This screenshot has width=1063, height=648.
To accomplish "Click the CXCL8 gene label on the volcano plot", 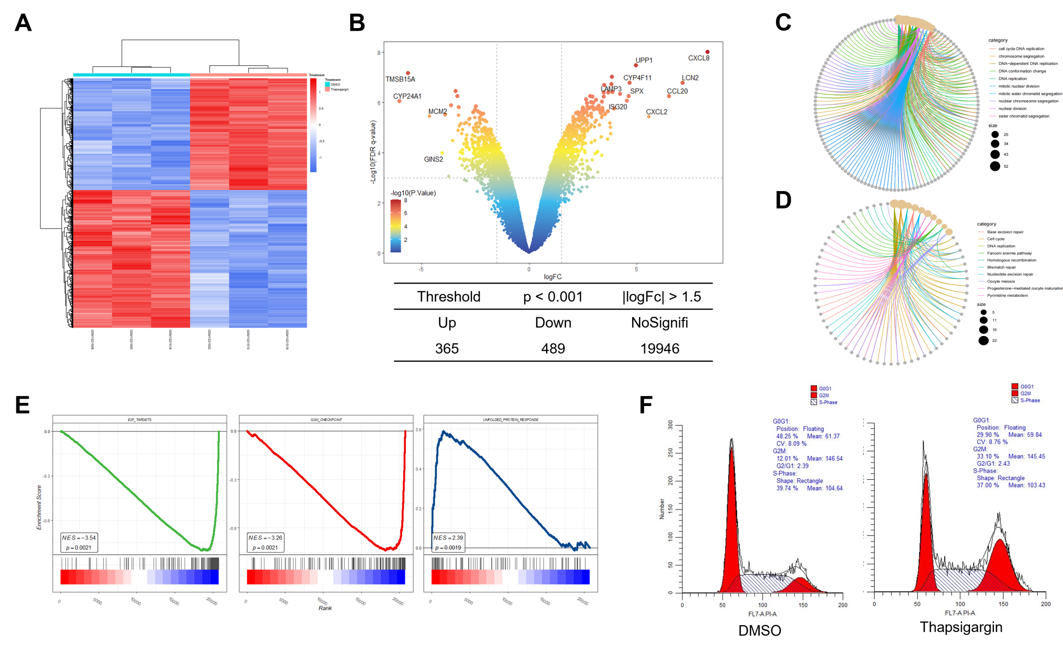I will [699, 58].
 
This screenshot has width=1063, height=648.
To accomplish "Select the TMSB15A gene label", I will [400, 79].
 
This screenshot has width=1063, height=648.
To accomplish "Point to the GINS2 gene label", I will [433, 159].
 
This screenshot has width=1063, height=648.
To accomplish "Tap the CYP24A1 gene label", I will [407, 97].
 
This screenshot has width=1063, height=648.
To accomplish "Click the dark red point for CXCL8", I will [707, 52].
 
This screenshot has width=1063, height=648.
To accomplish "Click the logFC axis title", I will [552, 277].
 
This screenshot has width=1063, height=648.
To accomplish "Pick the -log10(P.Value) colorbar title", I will [413, 193].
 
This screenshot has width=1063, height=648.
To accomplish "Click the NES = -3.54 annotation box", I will [79, 543].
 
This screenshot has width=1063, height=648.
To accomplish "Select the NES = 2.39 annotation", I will [448, 543].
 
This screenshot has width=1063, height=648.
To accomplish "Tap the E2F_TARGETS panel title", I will [140, 420].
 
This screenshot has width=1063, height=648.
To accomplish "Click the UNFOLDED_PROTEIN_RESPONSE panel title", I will [511, 420].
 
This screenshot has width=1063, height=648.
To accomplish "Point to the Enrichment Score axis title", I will [39, 507].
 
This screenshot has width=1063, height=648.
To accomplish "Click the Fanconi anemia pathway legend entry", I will [1009, 253].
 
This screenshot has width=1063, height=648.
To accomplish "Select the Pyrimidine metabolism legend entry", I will [1007, 295].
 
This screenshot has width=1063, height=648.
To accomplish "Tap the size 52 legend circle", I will [995, 166].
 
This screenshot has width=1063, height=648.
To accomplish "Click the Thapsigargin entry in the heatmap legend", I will [339, 89].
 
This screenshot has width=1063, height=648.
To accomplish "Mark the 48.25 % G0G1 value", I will [787, 436].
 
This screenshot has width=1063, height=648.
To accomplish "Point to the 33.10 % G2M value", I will [988, 456].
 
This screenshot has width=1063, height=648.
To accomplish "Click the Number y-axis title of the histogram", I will [662, 509].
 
